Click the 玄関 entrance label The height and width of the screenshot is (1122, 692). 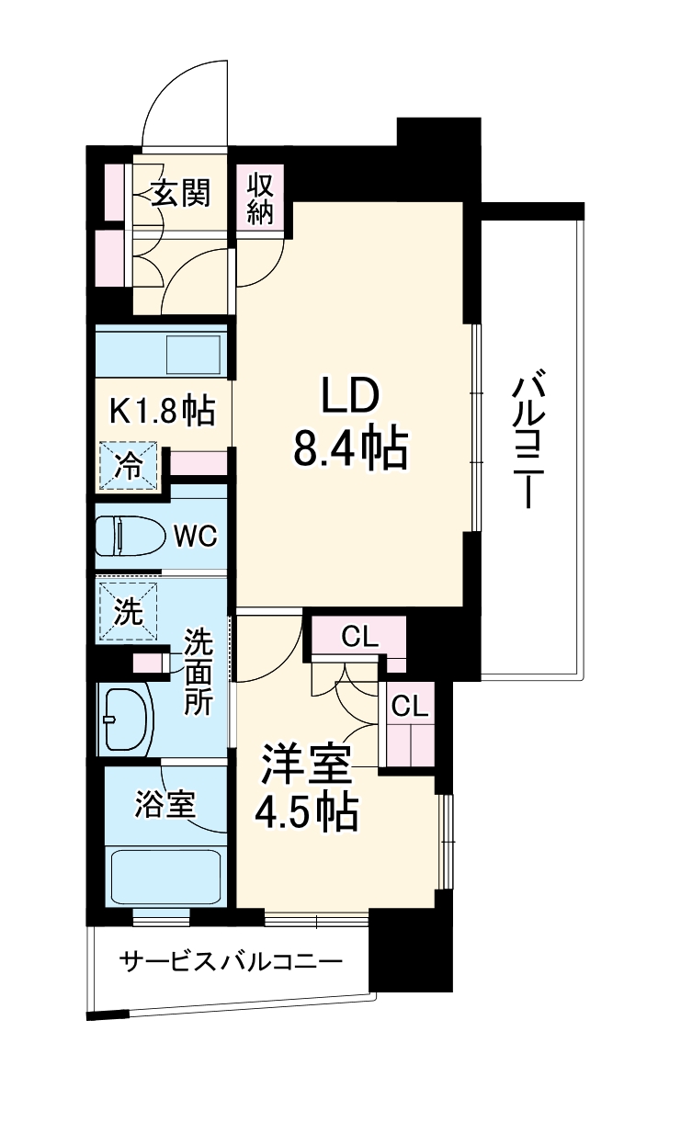pos(181,193)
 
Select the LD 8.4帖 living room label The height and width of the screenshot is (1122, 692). pos(350,422)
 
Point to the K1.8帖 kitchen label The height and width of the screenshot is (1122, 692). pos(163,411)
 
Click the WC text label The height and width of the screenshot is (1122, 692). pos(196,536)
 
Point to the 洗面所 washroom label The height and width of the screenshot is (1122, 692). pos(198,671)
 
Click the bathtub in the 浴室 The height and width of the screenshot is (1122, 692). pos(165,878)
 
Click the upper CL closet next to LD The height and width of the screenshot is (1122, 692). pos(359,636)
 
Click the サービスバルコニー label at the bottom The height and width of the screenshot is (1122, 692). pos(231,962)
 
